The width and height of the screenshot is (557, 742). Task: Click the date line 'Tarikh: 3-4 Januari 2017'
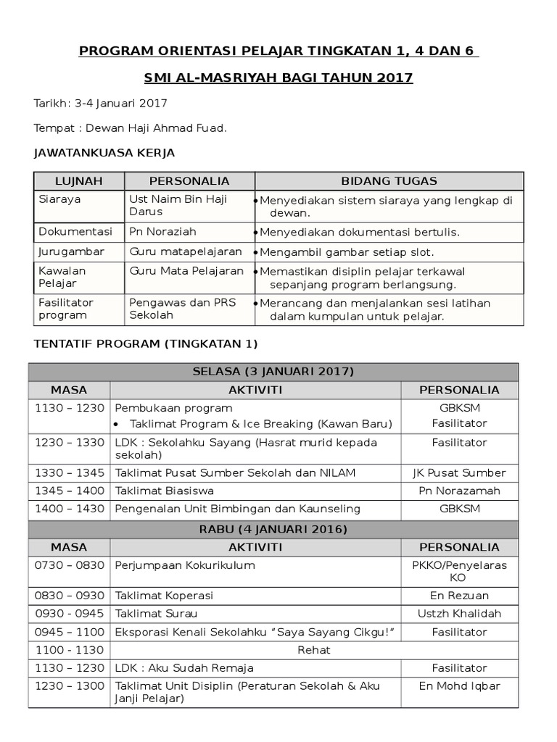point(101,103)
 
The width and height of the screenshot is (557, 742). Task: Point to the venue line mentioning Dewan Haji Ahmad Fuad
point(131,128)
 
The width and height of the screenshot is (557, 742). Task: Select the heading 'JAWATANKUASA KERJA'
point(104,153)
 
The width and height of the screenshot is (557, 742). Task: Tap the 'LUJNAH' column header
point(79,181)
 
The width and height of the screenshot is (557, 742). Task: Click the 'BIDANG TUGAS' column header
point(389,181)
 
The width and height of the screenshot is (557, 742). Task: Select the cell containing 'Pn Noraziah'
point(162,232)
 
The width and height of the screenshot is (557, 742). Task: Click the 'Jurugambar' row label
point(71,251)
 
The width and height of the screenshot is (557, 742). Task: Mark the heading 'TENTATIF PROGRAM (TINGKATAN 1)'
point(146,343)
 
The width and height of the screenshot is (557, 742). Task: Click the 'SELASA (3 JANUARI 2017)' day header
point(273,372)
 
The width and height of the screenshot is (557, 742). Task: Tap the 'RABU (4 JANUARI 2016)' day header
point(273,529)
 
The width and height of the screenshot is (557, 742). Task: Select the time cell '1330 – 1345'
point(69,472)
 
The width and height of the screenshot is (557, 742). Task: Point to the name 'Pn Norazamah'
point(459,491)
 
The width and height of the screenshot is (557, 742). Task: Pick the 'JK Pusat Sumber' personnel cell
point(459,472)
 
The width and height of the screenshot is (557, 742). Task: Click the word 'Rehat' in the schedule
point(313,650)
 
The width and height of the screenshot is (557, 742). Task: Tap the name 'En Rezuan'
point(459,596)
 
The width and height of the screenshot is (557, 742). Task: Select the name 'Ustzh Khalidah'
point(459,614)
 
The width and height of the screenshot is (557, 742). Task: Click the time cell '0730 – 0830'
point(69,564)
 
